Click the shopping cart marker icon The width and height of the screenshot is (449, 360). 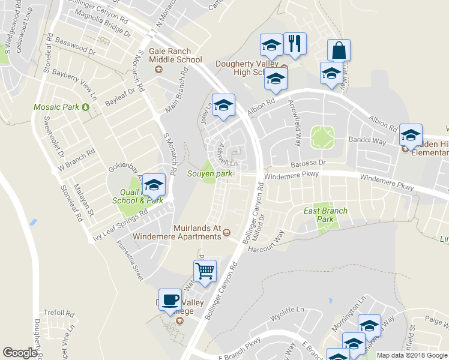click(205, 271)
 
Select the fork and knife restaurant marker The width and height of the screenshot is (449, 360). click(295, 43)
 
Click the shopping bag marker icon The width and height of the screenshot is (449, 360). click(339, 50)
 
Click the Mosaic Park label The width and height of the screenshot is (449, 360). click(56, 107)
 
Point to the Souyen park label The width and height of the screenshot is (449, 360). click(209, 174)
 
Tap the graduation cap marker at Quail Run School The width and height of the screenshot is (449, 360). click(154, 184)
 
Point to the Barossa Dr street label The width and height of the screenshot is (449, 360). click(308, 162)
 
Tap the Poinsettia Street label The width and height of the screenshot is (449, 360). click(130, 263)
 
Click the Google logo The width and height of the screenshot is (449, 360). click(20, 353)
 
